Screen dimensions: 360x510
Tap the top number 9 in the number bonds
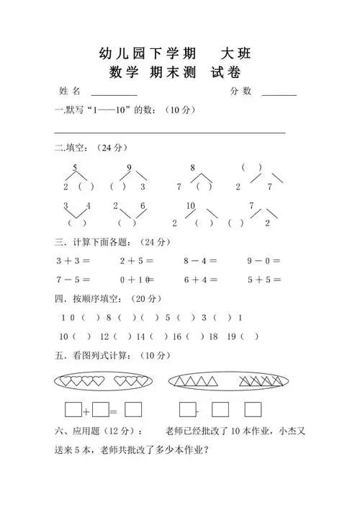pyautogui.click(x=129, y=168)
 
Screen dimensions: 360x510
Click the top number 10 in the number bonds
pyautogui.click(x=191, y=206)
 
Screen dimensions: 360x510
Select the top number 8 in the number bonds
pyautogui.click(x=192, y=168)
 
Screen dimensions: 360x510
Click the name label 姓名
pyautogui.click(x=71, y=91)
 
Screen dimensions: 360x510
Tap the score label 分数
pyautogui.click(x=241, y=91)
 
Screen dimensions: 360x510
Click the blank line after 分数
pyautogui.click(x=279, y=94)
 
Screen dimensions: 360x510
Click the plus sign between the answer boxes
pyautogui.click(x=86, y=411)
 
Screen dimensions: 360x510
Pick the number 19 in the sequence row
pyautogui.click(x=231, y=336)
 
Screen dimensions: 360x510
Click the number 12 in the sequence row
pyautogui.click(x=104, y=336)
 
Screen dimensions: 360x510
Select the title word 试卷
pyautogui.click(x=225, y=72)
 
